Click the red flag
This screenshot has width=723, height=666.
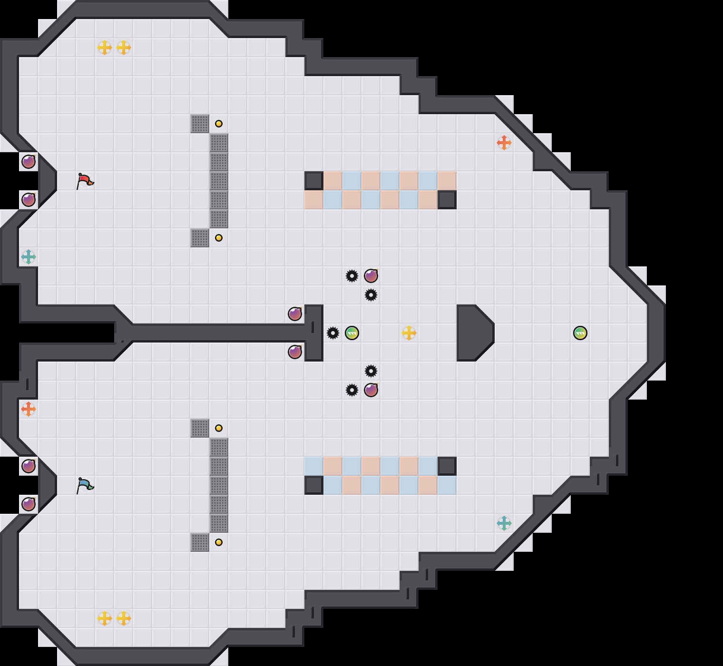[85, 181]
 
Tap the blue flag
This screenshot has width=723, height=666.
[85, 485]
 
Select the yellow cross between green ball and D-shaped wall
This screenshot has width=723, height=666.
[409, 333]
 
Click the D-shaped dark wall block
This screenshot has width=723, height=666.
[473, 333]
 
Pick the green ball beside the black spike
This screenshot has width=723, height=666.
[352, 333]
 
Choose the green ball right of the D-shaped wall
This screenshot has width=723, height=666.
[580, 333]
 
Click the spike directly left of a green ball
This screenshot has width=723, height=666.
[333, 333]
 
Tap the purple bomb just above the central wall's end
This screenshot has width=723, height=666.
[295, 314]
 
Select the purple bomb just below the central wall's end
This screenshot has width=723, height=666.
[295, 352]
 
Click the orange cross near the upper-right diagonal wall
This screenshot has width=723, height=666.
[504, 143]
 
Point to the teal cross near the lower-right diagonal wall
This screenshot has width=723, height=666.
[504, 523]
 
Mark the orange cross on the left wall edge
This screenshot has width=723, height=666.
[29, 409]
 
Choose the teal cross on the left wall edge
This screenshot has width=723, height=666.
[29, 257]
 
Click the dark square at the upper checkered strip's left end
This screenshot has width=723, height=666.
[314, 181]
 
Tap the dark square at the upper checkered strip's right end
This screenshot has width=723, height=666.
[447, 200]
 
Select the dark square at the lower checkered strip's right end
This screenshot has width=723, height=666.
[447, 466]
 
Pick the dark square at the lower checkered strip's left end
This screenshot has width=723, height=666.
[314, 485]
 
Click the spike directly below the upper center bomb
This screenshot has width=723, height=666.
[371, 295]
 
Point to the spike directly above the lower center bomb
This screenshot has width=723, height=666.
[371, 371]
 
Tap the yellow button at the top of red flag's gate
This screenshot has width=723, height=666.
[219, 124]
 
